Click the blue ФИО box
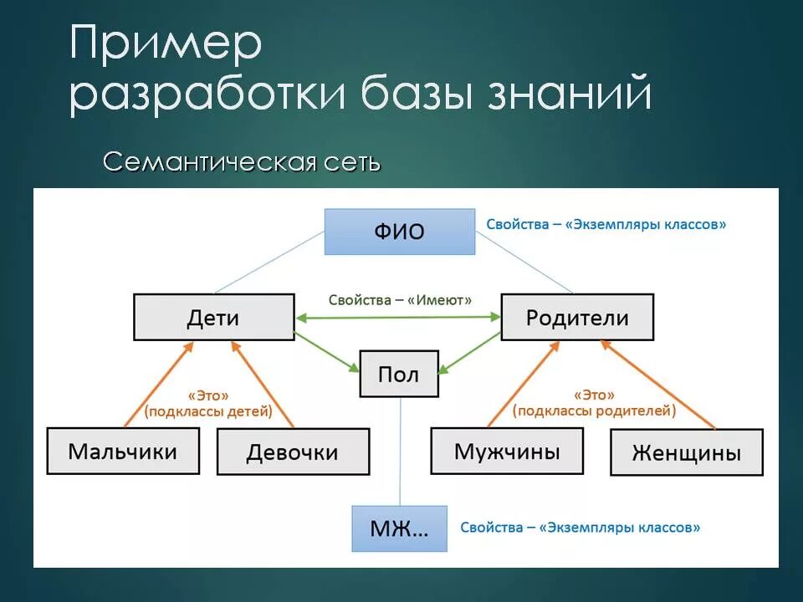400,231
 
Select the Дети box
213,317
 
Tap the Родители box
577,317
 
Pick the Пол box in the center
399,374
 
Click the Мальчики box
123,451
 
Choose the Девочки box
293,452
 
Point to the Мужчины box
507,451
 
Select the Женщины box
687,453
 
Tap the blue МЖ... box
399,528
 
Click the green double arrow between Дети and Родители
398,318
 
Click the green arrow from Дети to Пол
326,350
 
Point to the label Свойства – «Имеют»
400,299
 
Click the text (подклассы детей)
208,411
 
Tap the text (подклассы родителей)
595,411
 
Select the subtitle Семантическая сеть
242,161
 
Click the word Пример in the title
166,46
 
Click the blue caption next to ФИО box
606,224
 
